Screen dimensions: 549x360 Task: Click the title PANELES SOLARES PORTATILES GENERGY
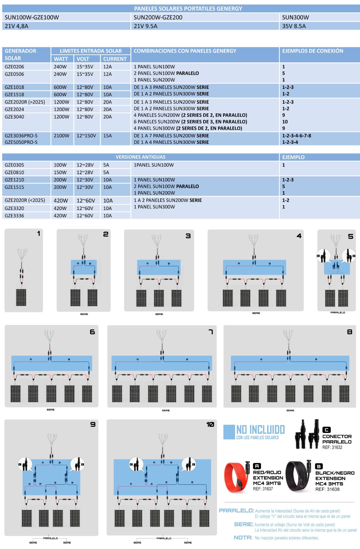click(x=188, y=9)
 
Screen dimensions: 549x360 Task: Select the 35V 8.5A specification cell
click(x=294, y=26)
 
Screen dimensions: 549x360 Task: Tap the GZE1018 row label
click(x=14, y=87)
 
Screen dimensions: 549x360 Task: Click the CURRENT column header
click(x=115, y=59)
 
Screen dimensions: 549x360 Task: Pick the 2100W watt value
click(x=62, y=136)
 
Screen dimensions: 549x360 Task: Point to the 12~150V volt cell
click(x=86, y=136)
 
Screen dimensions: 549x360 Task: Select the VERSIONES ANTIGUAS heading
click(x=140, y=157)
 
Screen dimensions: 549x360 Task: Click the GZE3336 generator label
click(x=14, y=216)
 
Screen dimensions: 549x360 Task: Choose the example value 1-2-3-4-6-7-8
click(x=297, y=136)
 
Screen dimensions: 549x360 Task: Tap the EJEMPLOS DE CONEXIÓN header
click(x=313, y=51)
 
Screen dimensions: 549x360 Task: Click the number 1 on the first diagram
click(x=38, y=234)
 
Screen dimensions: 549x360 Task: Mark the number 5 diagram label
click(x=351, y=237)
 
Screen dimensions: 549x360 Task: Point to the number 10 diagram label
click(x=210, y=424)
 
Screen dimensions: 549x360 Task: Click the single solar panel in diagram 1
click(x=21, y=297)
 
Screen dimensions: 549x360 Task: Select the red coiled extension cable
click(x=235, y=477)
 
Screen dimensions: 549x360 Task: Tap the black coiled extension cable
click(x=297, y=476)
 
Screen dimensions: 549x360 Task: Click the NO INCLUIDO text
click(x=261, y=430)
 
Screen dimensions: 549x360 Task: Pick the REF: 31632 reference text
click(x=332, y=447)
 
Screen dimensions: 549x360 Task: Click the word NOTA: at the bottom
click(x=243, y=538)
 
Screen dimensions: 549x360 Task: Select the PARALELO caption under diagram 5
click(x=337, y=312)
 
